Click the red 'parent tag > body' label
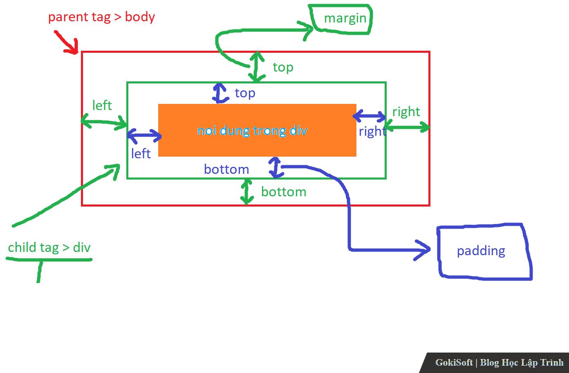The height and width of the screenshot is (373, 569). tap(101, 17)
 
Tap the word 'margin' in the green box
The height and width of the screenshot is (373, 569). tap(345, 18)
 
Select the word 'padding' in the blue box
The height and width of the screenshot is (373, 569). tap(481, 251)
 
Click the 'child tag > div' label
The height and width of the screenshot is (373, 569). tap(49, 247)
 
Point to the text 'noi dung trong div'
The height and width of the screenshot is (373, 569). tap(252, 130)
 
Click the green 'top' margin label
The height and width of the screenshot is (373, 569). tap(283, 67)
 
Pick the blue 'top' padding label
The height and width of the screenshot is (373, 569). tap(245, 93)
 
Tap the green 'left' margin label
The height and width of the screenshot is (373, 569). tap(102, 106)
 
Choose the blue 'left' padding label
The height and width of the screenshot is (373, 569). tap(141, 154)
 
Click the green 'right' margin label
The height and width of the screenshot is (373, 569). tap(406, 112)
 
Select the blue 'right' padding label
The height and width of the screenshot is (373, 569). tap(372, 132)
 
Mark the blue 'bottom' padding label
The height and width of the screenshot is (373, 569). tap(226, 169)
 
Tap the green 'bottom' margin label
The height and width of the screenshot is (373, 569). tap(284, 192)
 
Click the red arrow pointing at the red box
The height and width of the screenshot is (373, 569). tap(67, 43)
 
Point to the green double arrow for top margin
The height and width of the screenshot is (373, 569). tap(256, 67)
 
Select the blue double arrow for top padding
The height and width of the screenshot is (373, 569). tap(220, 93)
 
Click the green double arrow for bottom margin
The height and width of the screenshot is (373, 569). tap(246, 191)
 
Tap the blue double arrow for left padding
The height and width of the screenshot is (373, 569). tap(144, 135)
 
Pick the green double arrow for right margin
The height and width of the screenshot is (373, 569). tap(407, 128)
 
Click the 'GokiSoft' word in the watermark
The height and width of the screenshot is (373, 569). tap(454, 362)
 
